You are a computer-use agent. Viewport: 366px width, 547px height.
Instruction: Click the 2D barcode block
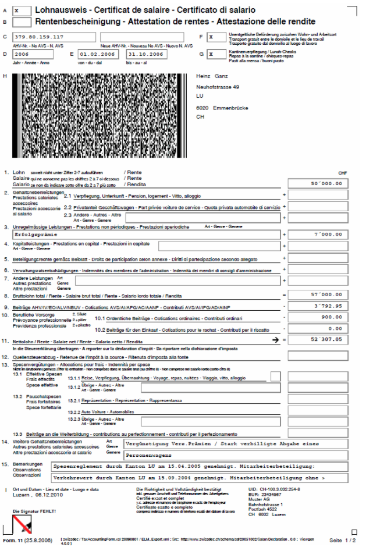(x=93, y=116)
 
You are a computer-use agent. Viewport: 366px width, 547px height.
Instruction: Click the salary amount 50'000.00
(x=318, y=183)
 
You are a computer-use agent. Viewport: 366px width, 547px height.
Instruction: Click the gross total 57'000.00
(x=318, y=296)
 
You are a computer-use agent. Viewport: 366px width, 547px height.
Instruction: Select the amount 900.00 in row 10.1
(x=318, y=317)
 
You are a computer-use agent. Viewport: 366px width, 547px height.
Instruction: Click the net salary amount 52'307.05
(x=318, y=339)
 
